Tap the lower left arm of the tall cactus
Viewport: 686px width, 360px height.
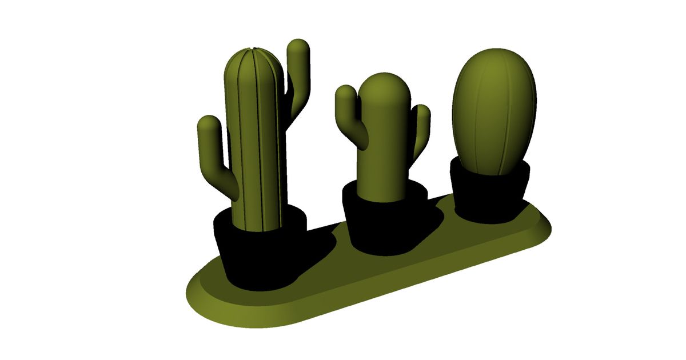(x=214, y=154)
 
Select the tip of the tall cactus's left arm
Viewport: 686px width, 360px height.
(x=208, y=122)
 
